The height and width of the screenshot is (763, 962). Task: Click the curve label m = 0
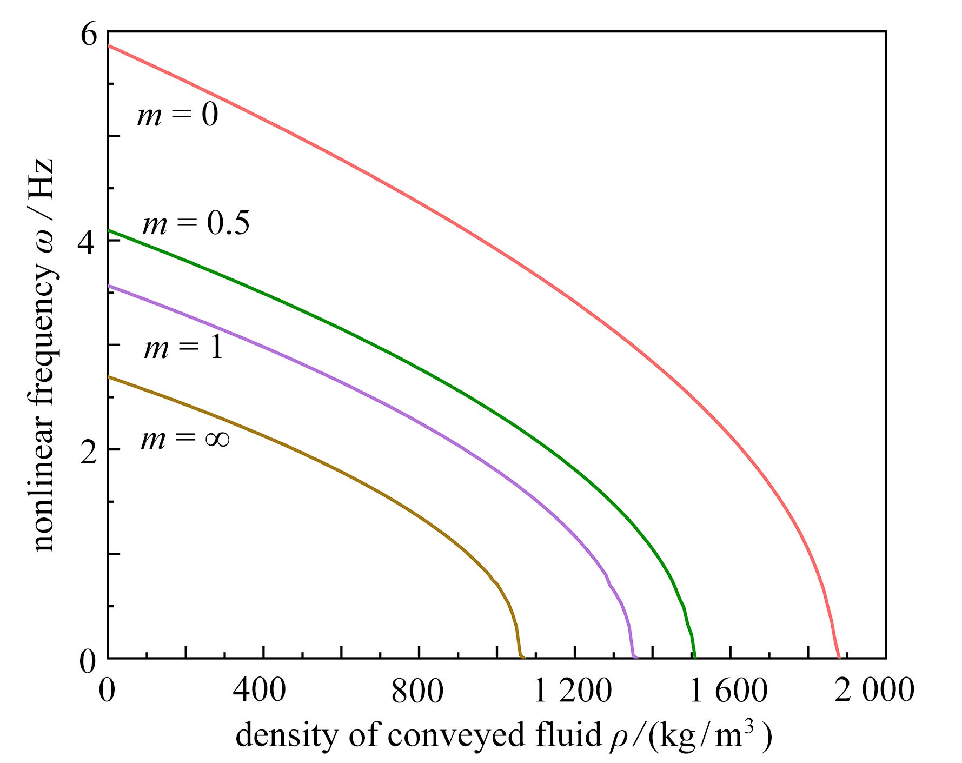click(177, 115)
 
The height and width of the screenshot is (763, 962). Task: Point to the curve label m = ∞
click(185, 437)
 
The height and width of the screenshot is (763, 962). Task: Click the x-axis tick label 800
click(417, 691)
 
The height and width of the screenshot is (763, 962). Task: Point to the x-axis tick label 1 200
click(572, 691)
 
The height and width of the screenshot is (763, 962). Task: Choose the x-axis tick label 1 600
click(728, 691)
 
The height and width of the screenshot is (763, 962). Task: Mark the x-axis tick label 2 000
click(874, 691)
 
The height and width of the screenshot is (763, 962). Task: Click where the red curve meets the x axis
click(839, 657)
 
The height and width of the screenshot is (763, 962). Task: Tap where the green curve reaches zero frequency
click(695, 657)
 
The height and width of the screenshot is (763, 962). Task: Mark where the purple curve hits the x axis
click(634, 657)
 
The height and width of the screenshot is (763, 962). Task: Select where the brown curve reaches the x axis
click(521, 657)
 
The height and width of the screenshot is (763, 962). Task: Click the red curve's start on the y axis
click(109, 46)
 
